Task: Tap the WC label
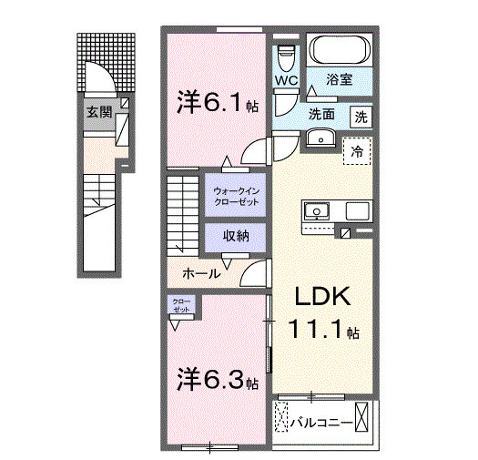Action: [x=286, y=79]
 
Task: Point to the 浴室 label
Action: [x=340, y=79]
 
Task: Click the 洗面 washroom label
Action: [x=320, y=115]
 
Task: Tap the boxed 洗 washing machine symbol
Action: [x=361, y=117]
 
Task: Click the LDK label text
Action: [x=319, y=298]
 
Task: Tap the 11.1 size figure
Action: [x=313, y=330]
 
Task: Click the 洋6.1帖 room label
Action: [x=218, y=103]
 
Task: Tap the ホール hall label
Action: [x=200, y=272]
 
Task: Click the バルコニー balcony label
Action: [x=321, y=422]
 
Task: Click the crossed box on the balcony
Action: [x=364, y=418]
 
